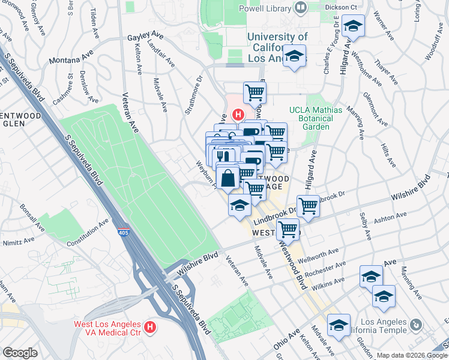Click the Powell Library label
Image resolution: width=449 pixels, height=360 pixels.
[x=264, y=8]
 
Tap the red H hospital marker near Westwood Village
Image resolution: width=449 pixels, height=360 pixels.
[x=238, y=114]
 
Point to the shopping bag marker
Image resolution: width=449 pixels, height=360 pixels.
[x=229, y=178]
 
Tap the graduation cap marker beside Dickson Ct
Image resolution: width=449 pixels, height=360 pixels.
[x=353, y=26]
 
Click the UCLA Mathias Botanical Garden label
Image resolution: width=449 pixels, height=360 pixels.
[x=316, y=118]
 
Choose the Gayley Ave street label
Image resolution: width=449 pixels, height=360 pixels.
[x=145, y=37]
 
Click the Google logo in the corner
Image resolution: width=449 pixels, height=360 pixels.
[x=19, y=352]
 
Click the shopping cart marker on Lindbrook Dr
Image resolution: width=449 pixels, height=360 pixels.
[x=308, y=206]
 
